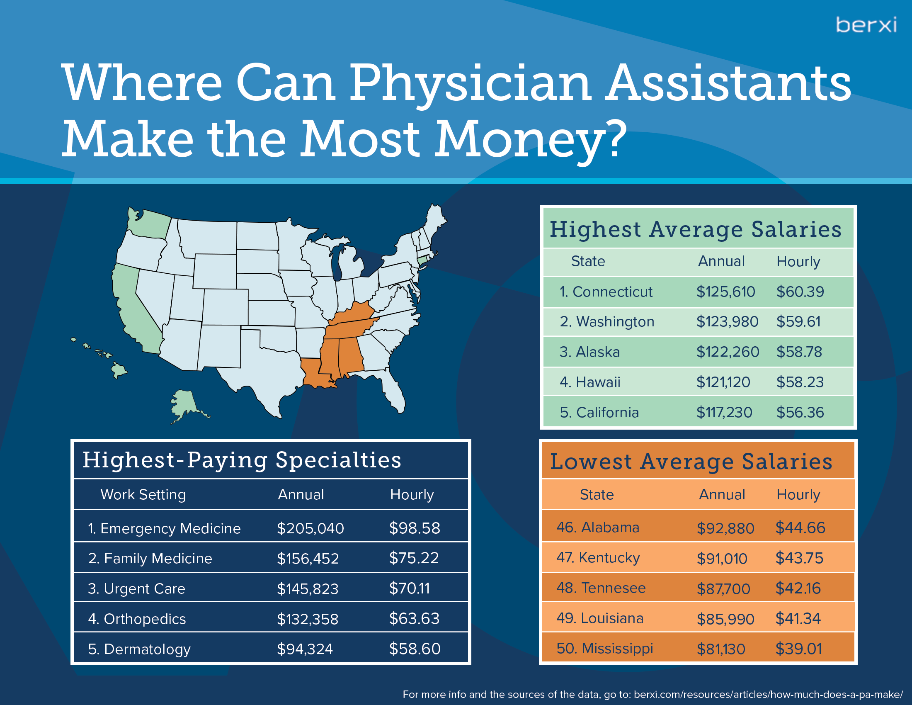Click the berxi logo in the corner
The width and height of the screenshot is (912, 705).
click(x=866, y=25)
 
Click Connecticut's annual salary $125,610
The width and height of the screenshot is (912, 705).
click(x=725, y=292)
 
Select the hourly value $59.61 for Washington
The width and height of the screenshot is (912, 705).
click(x=798, y=321)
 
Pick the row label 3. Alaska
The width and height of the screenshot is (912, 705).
click(x=589, y=352)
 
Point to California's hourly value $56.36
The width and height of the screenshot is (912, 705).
click(x=800, y=413)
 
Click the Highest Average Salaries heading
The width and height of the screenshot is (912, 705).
click(x=695, y=229)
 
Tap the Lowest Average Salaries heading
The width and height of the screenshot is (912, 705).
click(x=691, y=462)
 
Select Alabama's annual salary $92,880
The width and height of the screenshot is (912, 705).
click(x=725, y=528)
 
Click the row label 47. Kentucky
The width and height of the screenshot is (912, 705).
click(x=598, y=557)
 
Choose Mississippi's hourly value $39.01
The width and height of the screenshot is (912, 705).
click(x=798, y=649)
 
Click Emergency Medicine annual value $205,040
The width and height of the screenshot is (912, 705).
click(x=310, y=528)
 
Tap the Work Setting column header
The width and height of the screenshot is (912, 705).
click(x=143, y=494)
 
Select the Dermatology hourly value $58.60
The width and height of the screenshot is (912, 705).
click(x=415, y=649)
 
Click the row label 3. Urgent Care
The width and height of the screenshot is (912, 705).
click(x=136, y=588)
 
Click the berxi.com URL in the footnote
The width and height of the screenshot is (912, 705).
click(x=768, y=695)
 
